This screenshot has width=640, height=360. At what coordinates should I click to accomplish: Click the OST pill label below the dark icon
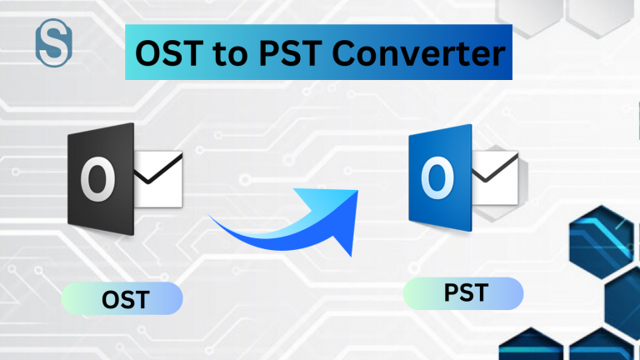[122, 297]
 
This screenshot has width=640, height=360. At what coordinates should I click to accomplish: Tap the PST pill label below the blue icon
[463, 293]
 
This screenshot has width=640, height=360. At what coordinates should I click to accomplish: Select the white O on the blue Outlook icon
[435, 178]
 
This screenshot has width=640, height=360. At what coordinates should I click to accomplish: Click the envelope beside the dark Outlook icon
[158, 178]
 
